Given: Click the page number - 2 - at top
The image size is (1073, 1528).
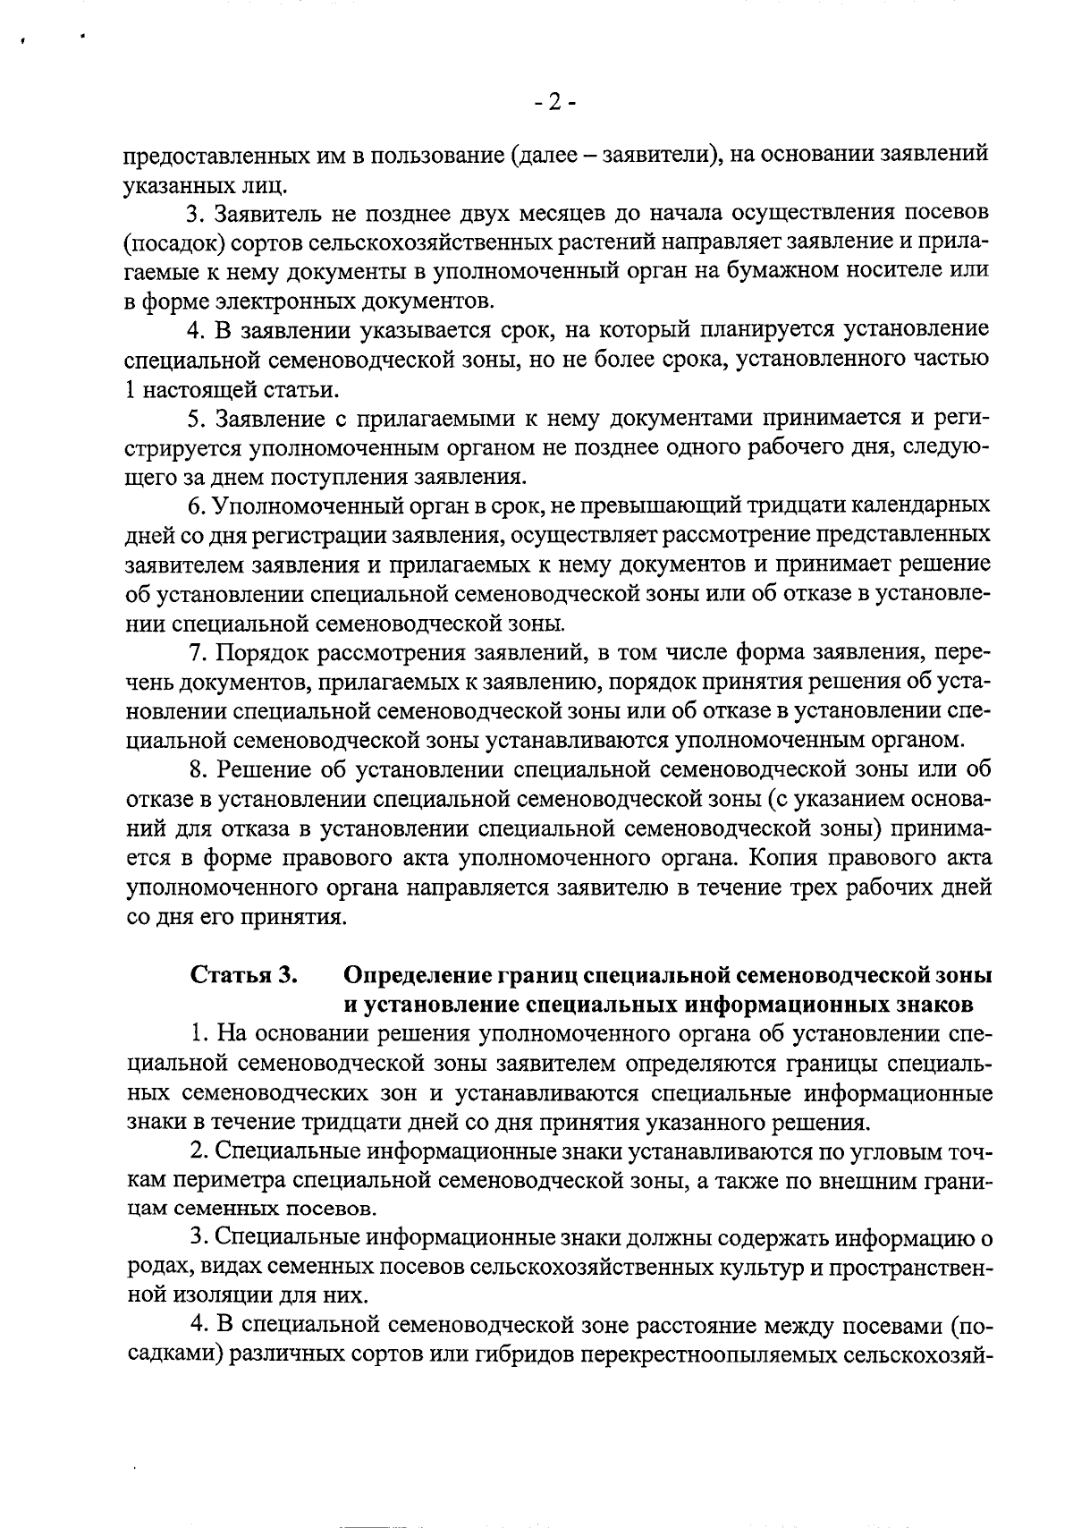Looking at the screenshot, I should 554,103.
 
